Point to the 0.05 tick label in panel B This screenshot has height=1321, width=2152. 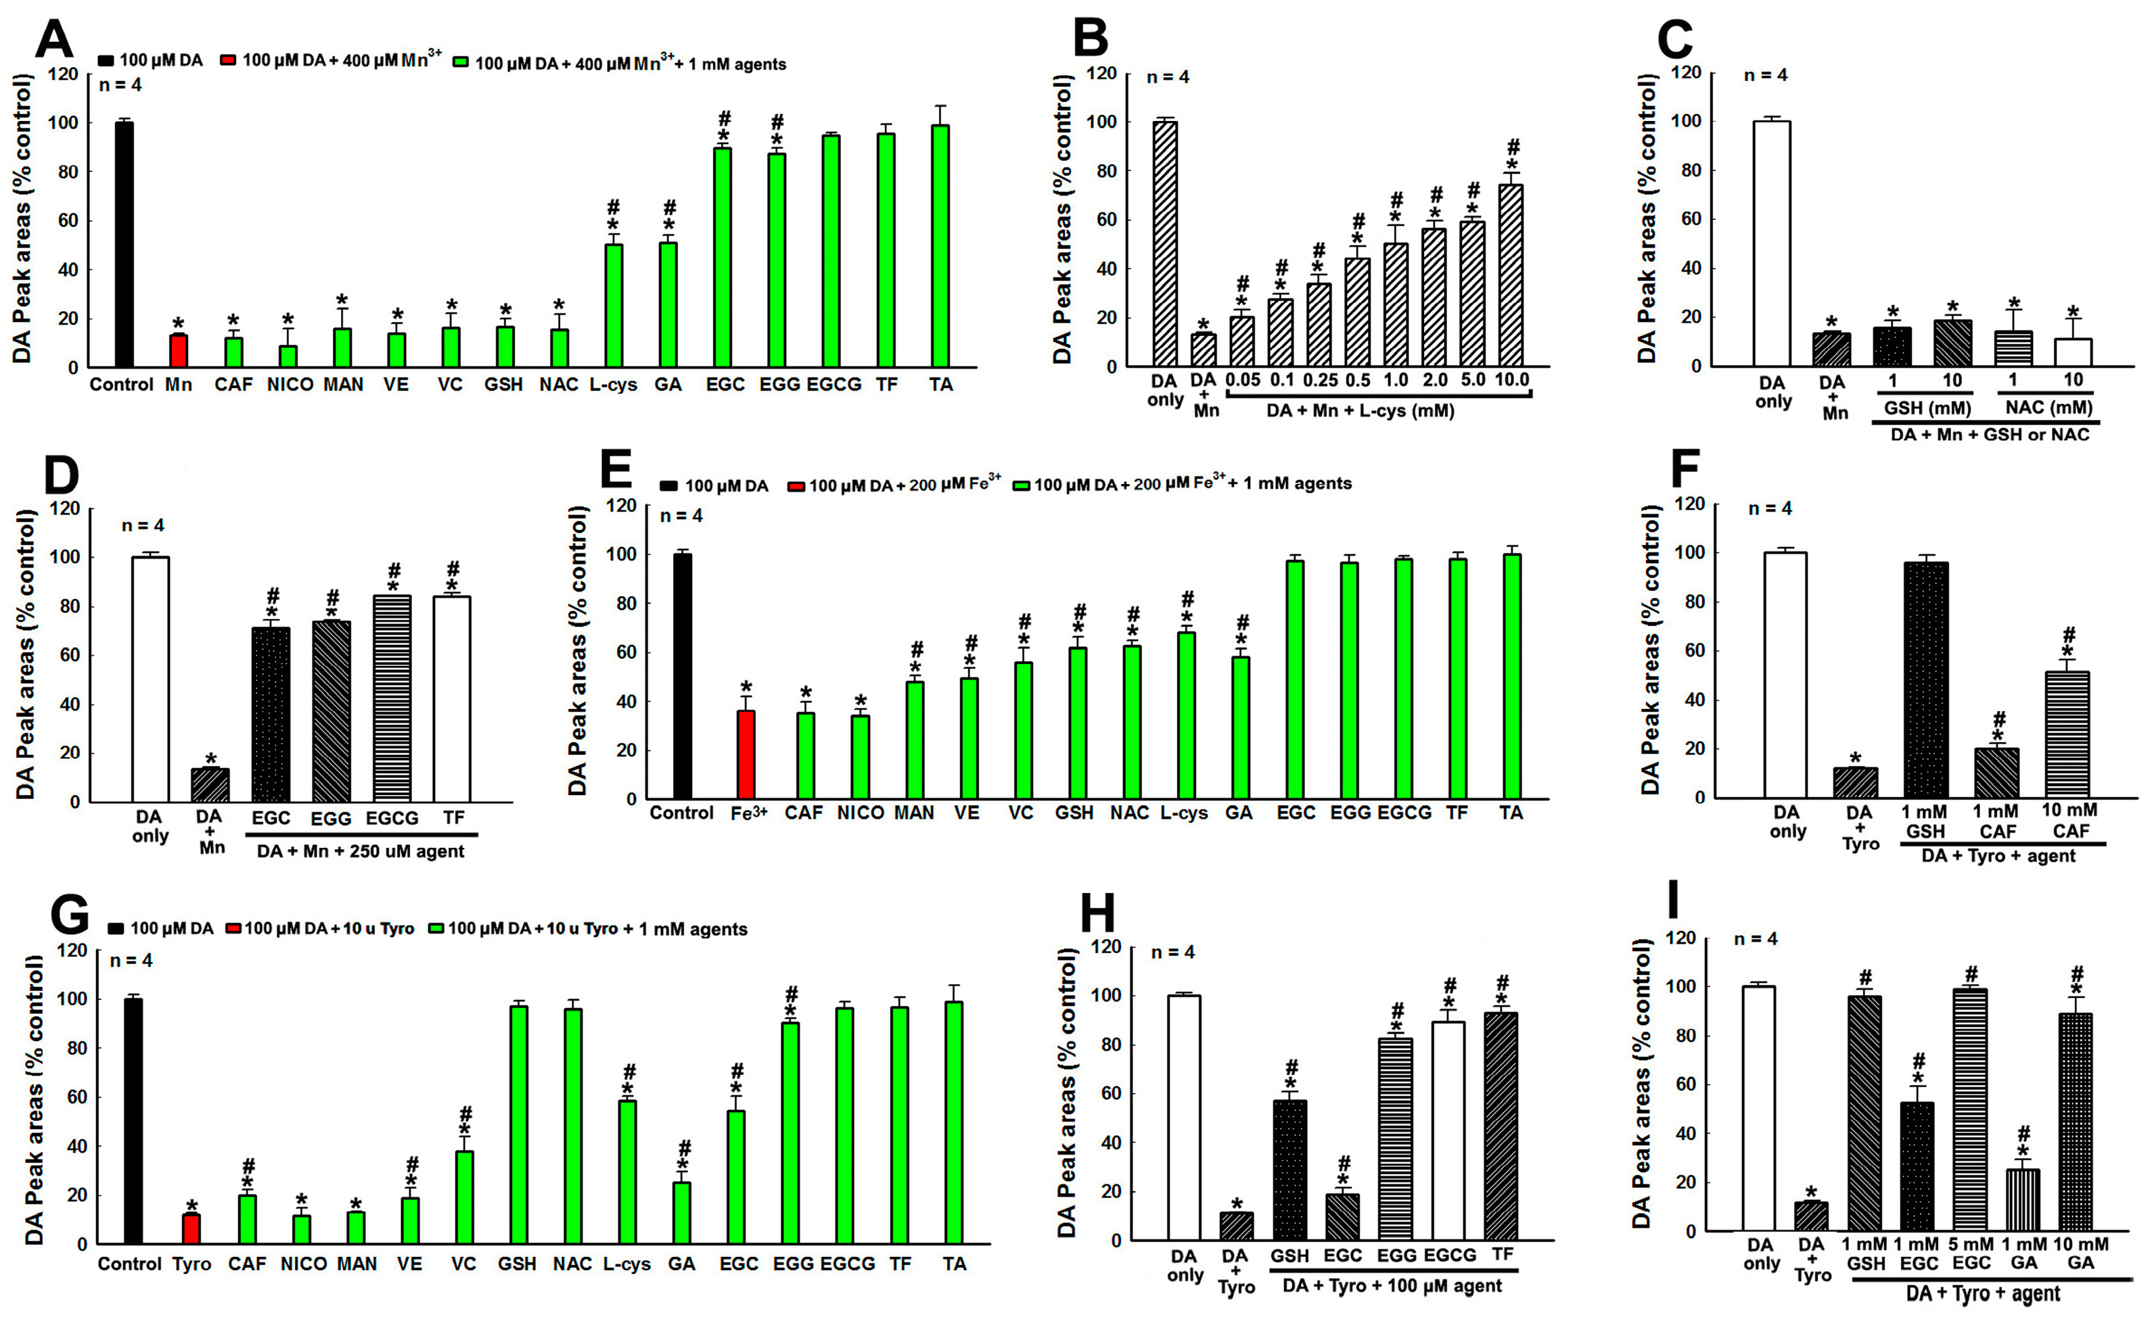coord(1242,380)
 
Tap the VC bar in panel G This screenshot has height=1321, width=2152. coord(464,1197)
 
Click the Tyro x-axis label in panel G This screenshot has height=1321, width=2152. coord(191,1264)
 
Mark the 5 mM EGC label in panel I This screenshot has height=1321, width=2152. coord(1971,1253)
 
